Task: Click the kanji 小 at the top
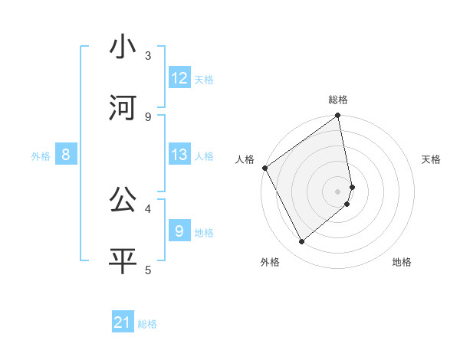pyautogui.click(x=123, y=47)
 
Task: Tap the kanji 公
pyautogui.click(x=123, y=200)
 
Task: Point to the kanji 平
pyautogui.click(x=123, y=261)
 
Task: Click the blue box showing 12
pyautogui.click(x=179, y=77)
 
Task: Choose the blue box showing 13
pyautogui.click(x=179, y=155)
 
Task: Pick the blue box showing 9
pyautogui.click(x=179, y=231)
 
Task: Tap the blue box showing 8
pyautogui.click(x=66, y=155)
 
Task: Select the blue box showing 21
pyautogui.click(x=123, y=322)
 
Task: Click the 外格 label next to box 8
pyautogui.click(x=41, y=155)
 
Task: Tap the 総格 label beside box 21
pyautogui.click(x=147, y=323)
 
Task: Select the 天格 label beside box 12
pyautogui.click(x=204, y=79)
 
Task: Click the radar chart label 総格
pyautogui.click(x=338, y=100)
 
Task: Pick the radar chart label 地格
pyautogui.click(x=402, y=262)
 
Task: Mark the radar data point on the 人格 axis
pyautogui.click(x=264, y=168)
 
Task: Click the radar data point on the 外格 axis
pyautogui.click(x=301, y=242)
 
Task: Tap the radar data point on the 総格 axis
pyautogui.click(x=338, y=116)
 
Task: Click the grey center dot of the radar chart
pyautogui.click(x=338, y=191)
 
